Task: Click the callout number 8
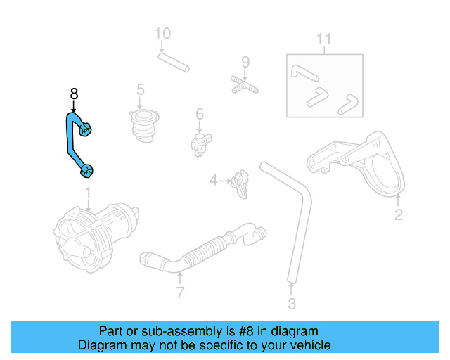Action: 74,94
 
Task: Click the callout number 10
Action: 162,33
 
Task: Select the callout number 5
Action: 141,89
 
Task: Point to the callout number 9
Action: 245,62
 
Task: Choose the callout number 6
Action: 200,113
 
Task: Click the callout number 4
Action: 214,181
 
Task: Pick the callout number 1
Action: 89,192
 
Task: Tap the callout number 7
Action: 180,292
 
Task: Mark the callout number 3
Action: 292,304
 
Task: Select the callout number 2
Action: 398,215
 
